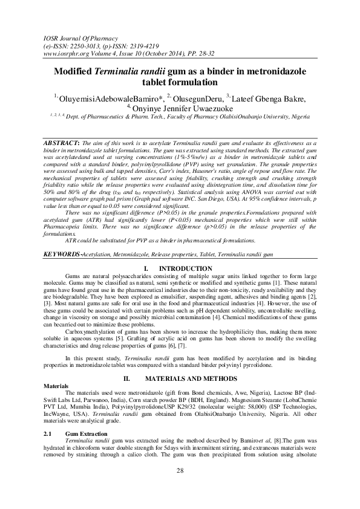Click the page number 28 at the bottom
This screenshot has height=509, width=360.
click(180, 487)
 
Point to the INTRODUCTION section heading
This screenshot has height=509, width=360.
click(185, 268)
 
